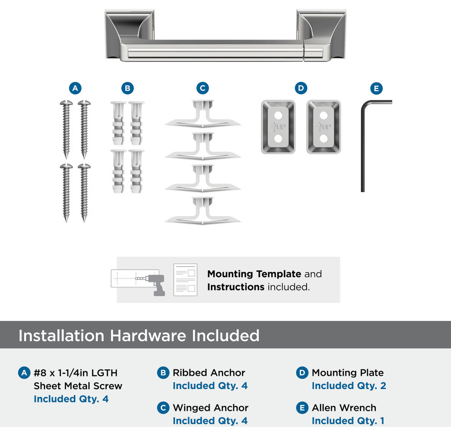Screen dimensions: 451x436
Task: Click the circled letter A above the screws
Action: pyautogui.click(x=75, y=88)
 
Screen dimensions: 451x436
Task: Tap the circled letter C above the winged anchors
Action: pyautogui.click(x=202, y=88)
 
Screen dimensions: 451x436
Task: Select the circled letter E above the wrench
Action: pyautogui.click(x=376, y=88)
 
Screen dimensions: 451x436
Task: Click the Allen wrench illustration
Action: pyautogui.click(x=363, y=144)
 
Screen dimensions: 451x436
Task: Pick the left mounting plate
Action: pyautogui.click(x=278, y=127)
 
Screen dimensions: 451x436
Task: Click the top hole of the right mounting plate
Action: pyautogui.click(x=323, y=115)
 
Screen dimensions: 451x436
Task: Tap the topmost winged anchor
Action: pyautogui.click(x=202, y=114)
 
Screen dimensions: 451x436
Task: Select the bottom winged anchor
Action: pyautogui.click(x=202, y=211)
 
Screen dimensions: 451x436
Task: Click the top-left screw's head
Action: pyautogui.click(x=66, y=103)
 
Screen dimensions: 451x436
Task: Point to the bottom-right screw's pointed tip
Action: pyautogui.click(x=84, y=221)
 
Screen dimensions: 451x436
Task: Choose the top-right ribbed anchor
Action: pyautogui.click(x=136, y=123)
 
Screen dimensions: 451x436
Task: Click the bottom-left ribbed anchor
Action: pyautogui.click(x=118, y=171)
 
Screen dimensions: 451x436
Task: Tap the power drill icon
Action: pyautogui.click(x=155, y=285)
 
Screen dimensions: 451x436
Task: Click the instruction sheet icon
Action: pyautogui.click(x=185, y=280)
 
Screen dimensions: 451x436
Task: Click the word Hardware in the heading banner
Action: pyautogui.click(x=148, y=336)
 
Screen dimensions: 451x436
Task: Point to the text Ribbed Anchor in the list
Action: pyautogui.click(x=209, y=373)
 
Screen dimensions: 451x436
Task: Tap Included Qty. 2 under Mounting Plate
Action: pyautogui.click(x=349, y=385)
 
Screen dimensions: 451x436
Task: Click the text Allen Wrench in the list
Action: pyautogui.click(x=344, y=408)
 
